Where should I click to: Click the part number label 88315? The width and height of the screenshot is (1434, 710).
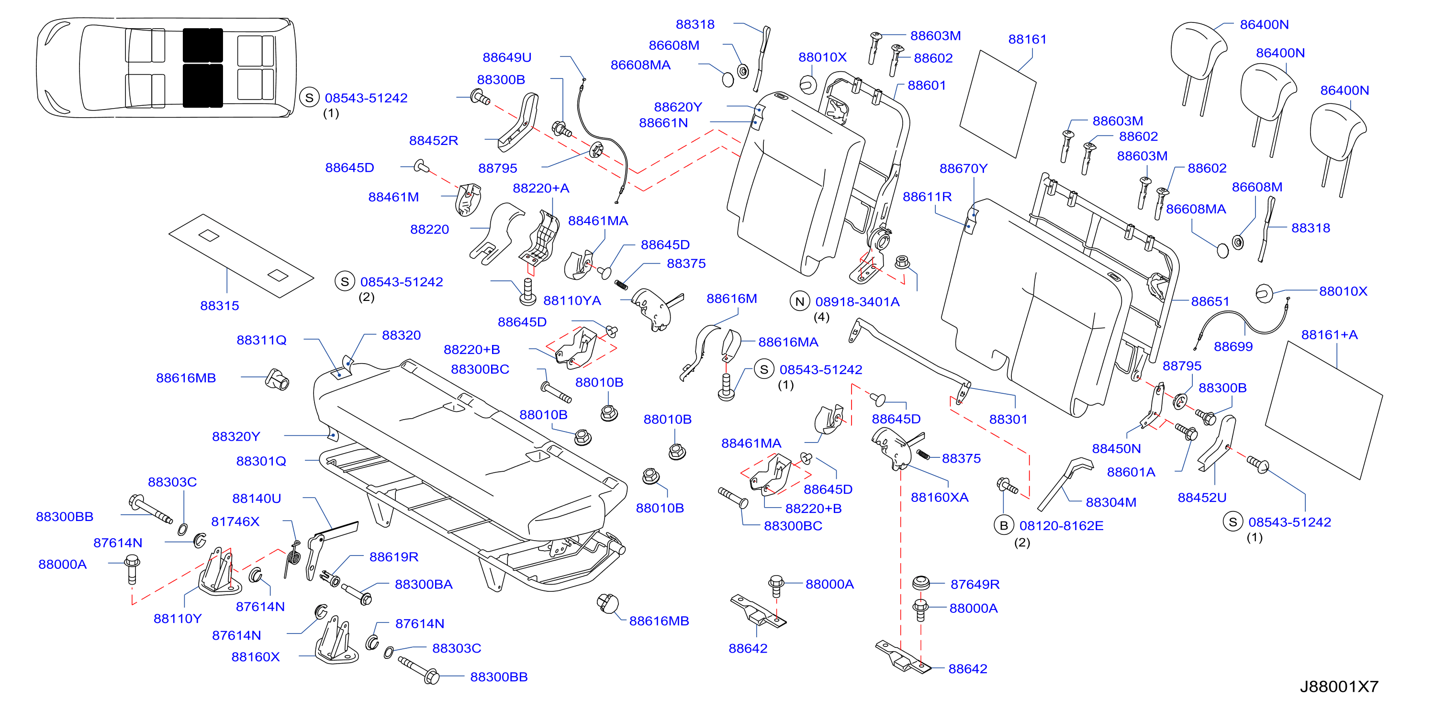tap(219, 305)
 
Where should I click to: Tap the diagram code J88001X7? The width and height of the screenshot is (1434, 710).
tap(1339, 687)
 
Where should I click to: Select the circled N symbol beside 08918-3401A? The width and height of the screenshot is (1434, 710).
tap(799, 301)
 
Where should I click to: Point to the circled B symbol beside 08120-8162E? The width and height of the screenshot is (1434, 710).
tap(1004, 525)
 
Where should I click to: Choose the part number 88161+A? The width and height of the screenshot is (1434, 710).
tap(1329, 334)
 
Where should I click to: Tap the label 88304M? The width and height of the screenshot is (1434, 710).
tap(1110, 502)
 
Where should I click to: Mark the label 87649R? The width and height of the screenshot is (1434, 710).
tap(975, 584)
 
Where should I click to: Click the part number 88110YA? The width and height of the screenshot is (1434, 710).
tap(571, 300)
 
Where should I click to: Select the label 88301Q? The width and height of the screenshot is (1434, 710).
tap(261, 461)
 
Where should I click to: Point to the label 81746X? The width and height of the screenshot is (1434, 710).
tap(235, 521)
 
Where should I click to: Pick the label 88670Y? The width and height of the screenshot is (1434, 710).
tap(963, 168)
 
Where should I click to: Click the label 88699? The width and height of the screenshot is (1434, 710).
tap(1233, 347)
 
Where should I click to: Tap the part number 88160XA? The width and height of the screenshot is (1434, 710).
tap(939, 497)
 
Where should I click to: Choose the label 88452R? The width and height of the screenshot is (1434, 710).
tap(433, 140)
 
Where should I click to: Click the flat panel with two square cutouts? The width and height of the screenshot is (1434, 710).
tap(241, 255)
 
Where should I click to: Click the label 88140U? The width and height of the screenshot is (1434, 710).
tap(256, 498)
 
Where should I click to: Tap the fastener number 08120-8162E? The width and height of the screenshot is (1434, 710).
tap(1061, 525)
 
